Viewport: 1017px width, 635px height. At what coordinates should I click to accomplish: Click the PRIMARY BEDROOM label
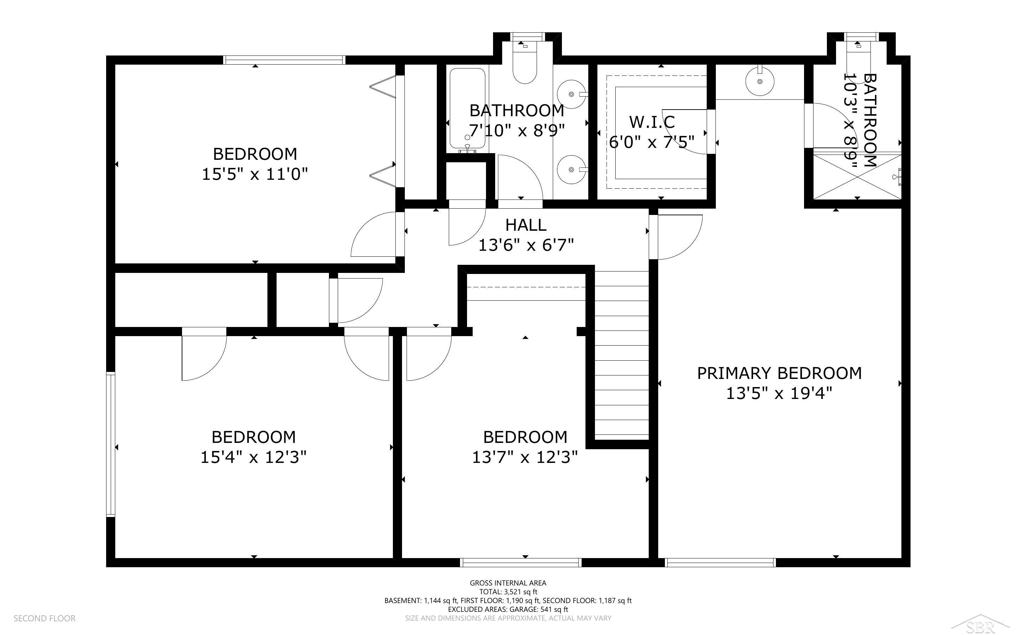[779, 373]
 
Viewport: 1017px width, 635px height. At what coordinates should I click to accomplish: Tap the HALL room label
[526, 225]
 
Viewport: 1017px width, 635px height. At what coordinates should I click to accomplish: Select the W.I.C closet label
[652, 122]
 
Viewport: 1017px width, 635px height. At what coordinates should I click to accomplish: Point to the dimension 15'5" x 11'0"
[255, 174]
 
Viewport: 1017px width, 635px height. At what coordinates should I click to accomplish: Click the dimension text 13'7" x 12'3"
[525, 457]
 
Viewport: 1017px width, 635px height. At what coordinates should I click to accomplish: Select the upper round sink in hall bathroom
[572, 94]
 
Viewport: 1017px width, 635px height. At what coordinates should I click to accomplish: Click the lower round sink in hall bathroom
[572, 169]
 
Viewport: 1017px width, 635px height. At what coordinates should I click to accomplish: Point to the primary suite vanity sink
[760, 81]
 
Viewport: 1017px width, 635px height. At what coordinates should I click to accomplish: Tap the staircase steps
[622, 355]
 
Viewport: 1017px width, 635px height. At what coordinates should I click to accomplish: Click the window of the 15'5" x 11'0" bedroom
[284, 60]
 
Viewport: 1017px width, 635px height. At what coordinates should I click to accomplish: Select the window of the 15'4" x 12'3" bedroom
[110, 444]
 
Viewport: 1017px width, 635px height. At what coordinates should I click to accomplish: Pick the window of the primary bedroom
[720, 563]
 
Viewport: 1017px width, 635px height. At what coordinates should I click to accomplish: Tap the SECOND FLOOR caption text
[45, 618]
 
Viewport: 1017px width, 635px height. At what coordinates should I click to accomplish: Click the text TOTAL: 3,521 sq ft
[508, 592]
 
